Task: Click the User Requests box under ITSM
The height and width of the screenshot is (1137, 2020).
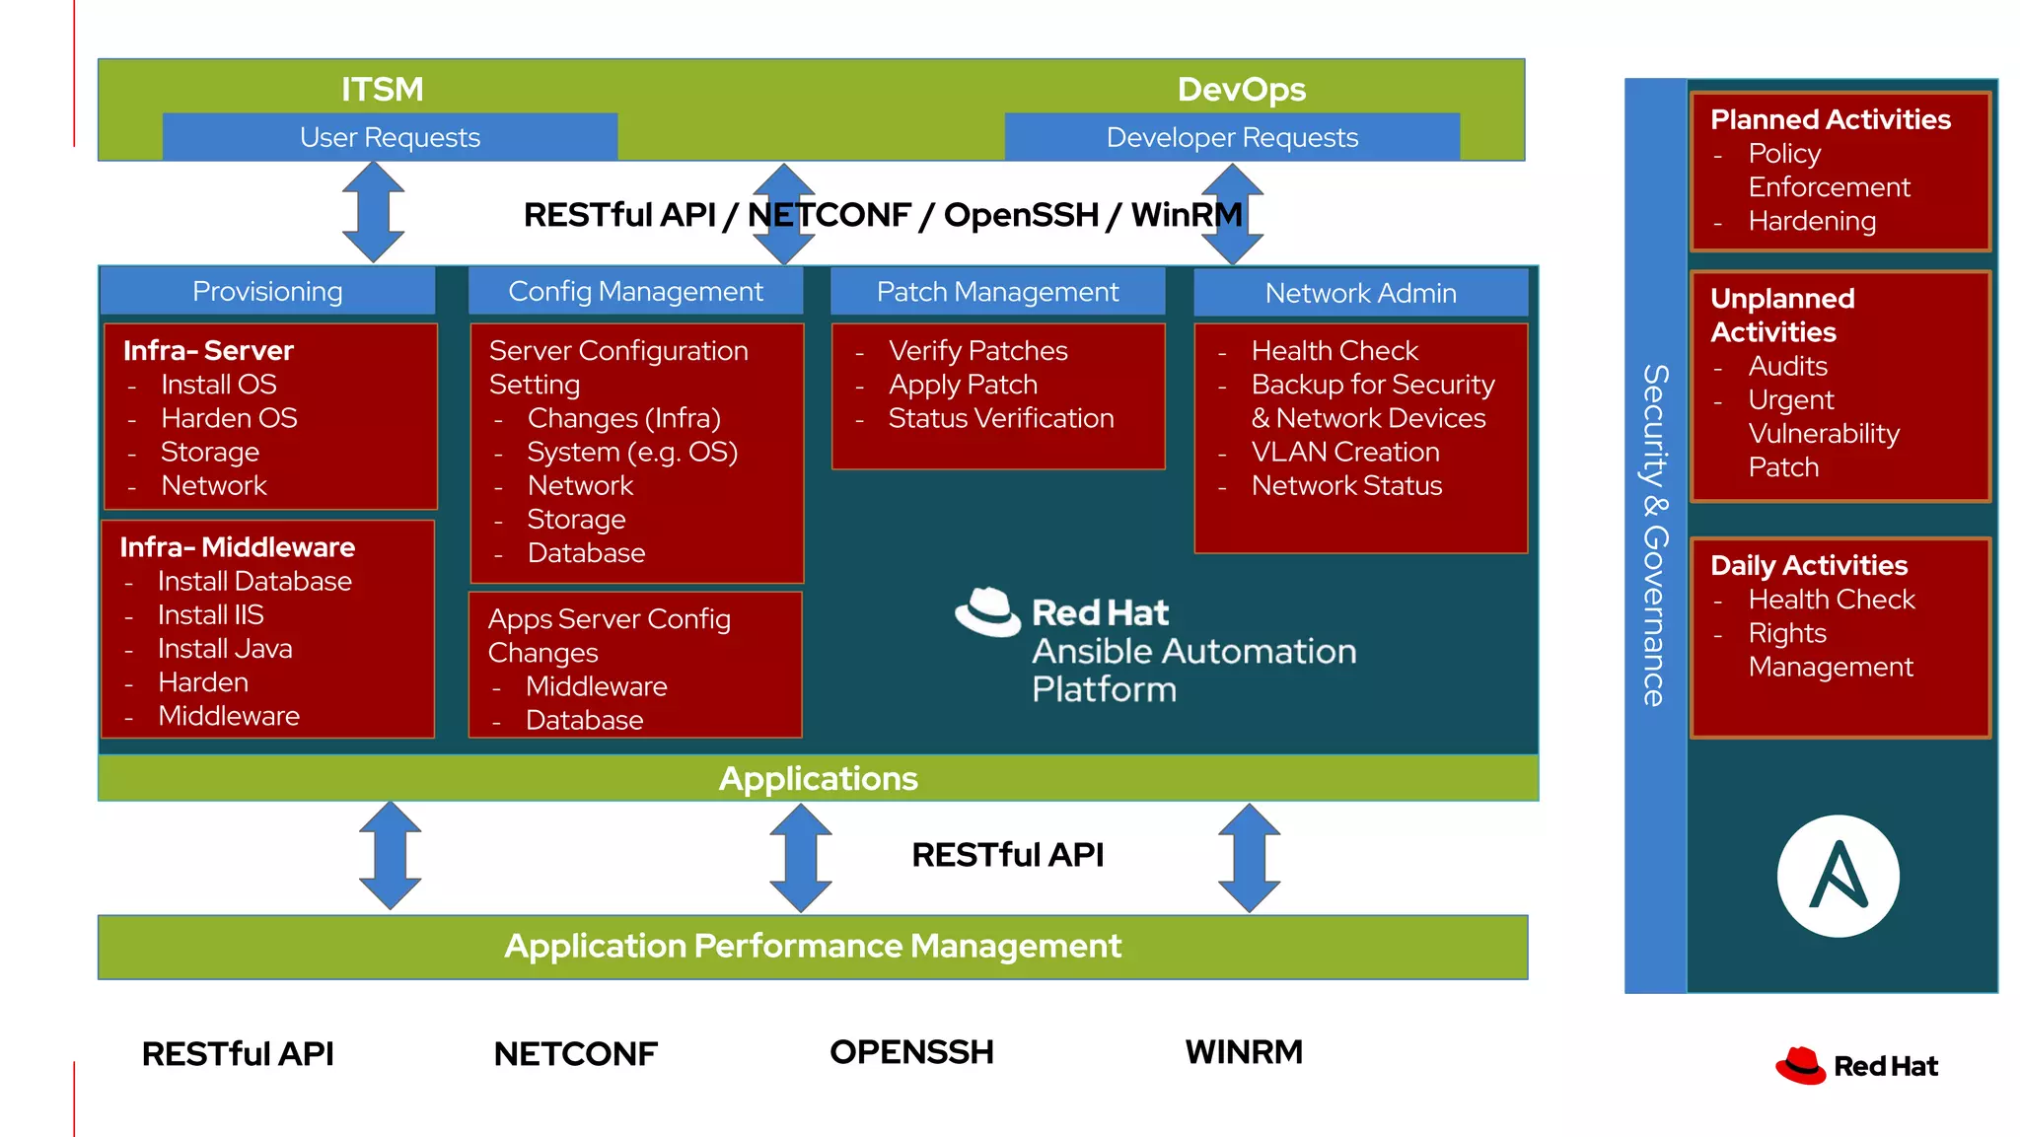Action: click(x=390, y=137)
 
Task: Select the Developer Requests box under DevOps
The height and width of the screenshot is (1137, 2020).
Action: click(x=1232, y=137)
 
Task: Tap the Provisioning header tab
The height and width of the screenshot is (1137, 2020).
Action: click(x=267, y=292)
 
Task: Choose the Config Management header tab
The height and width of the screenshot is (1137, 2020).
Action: click(x=635, y=292)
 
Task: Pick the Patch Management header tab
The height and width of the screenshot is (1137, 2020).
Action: click(x=997, y=292)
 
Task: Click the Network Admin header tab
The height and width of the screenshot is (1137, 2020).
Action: click(x=1360, y=293)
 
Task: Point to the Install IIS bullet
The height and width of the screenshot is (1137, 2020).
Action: click(x=210, y=615)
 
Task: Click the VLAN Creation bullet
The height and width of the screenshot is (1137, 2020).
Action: click(x=1344, y=452)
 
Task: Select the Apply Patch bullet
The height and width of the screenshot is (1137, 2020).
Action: click(x=962, y=385)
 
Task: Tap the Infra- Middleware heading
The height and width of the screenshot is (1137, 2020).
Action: click(x=237, y=547)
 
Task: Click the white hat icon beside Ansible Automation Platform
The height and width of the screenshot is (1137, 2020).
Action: click(x=987, y=612)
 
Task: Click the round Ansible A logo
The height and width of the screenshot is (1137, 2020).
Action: click(x=1838, y=876)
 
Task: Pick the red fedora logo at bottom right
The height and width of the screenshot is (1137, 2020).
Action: click(x=1801, y=1066)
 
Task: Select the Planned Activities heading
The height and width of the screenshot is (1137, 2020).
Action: click(x=1830, y=119)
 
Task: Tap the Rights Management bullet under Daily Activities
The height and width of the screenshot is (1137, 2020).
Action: click(x=1830, y=650)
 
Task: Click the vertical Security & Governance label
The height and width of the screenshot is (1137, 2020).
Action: click(x=1655, y=535)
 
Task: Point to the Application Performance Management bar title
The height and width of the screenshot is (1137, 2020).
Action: click(x=813, y=947)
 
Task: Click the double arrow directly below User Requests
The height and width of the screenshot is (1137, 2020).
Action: click(x=373, y=212)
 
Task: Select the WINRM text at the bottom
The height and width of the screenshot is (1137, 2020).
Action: click(x=1243, y=1052)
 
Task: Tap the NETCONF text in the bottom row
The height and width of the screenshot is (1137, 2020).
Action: click(x=575, y=1054)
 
